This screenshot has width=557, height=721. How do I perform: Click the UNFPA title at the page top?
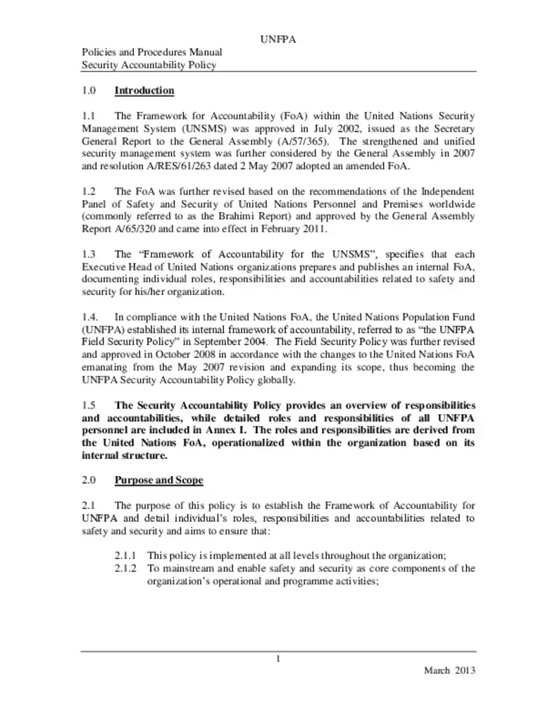point(278,39)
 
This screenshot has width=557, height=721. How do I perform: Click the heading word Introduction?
point(144,91)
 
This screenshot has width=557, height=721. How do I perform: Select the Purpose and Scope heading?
point(158,480)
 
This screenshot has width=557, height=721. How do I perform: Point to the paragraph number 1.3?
point(89,254)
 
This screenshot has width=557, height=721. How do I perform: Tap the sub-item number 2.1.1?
point(127,556)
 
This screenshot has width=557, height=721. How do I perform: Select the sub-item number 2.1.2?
point(127,568)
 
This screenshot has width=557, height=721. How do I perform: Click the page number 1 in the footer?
point(279,658)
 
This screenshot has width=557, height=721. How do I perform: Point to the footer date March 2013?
point(449,670)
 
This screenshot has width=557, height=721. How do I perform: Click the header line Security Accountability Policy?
point(149,65)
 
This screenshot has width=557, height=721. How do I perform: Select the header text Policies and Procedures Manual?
point(152,52)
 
